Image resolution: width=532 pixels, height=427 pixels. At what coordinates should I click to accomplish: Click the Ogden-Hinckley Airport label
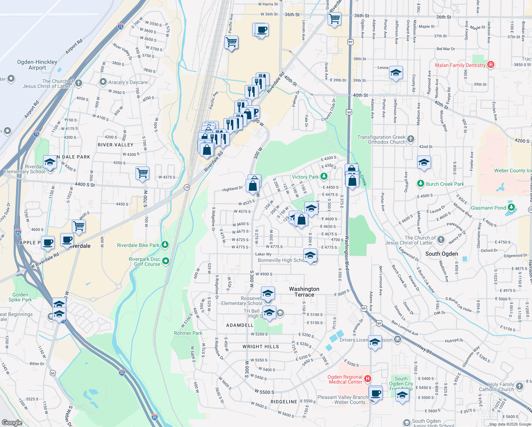click(37, 65)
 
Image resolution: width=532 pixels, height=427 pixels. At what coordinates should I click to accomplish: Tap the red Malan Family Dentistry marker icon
click(491, 65)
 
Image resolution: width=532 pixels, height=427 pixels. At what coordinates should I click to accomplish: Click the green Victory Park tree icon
click(324, 176)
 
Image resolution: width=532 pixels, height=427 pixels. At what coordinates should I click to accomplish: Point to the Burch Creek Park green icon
click(421, 184)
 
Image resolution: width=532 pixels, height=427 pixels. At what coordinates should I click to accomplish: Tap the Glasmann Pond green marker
click(511, 207)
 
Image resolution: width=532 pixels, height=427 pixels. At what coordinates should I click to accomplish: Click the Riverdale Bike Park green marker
click(165, 245)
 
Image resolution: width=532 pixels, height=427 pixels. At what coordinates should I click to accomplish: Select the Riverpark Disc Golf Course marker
click(166, 262)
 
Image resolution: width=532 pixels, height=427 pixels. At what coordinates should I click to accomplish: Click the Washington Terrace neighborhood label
click(304, 292)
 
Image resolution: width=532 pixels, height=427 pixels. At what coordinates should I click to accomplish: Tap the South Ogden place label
click(442, 254)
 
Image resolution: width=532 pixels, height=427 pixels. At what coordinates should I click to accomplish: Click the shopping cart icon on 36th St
click(334, 19)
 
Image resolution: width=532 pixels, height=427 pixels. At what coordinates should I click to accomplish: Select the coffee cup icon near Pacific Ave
click(261, 30)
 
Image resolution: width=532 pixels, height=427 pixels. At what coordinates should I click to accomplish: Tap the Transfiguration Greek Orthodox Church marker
click(411, 139)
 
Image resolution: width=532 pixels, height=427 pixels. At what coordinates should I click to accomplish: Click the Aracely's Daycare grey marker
click(103, 82)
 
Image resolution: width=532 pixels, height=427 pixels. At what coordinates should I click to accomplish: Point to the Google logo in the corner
click(12, 423)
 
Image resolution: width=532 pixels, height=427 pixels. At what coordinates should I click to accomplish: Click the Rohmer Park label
click(188, 333)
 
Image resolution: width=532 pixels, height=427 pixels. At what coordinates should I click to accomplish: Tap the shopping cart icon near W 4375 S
click(142, 173)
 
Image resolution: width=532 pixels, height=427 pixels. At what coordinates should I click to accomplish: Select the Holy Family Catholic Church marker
click(520, 386)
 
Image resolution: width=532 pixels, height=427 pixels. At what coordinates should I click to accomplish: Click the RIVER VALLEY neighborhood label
click(116, 145)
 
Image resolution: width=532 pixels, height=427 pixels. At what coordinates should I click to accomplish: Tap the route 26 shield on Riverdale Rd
click(187, 187)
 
